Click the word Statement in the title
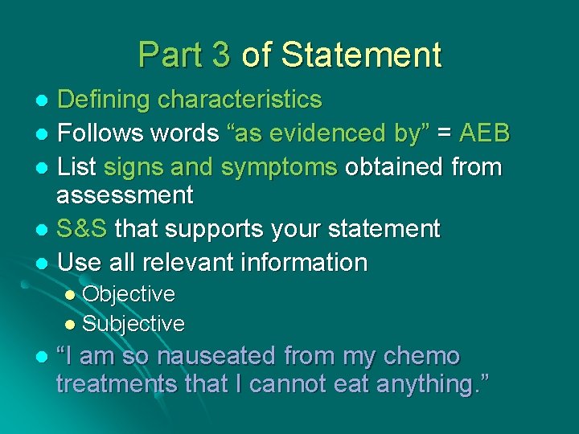(362, 55)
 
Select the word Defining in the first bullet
(104, 100)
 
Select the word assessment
(125, 194)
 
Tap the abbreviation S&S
(83, 228)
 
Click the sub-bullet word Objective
(129, 294)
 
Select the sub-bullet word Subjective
(133, 324)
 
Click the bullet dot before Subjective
(70, 325)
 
